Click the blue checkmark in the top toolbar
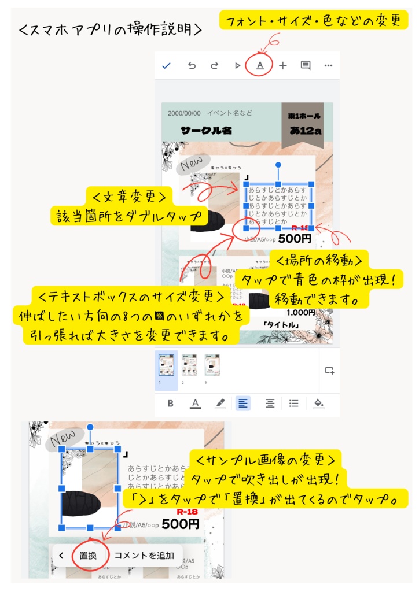click(167, 66)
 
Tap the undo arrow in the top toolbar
click(192, 66)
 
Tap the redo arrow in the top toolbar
click(214, 66)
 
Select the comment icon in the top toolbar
click(306, 66)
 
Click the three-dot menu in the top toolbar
click(329, 66)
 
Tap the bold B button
click(171, 403)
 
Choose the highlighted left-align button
click(243, 403)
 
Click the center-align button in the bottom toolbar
click(270, 403)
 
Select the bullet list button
click(294, 403)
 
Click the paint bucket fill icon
click(318, 403)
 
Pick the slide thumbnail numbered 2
click(189, 365)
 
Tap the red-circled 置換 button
click(88, 556)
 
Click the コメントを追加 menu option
click(144, 556)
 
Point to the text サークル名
click(206, 131)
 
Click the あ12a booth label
click(306, 131)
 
